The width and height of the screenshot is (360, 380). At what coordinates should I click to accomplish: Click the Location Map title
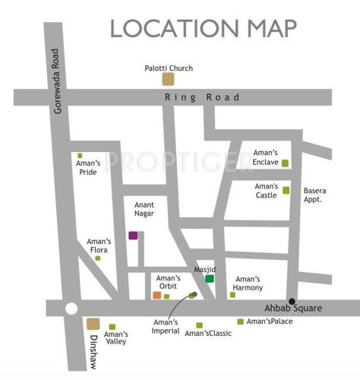(203, 28)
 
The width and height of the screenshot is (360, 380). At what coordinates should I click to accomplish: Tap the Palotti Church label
(169, 68)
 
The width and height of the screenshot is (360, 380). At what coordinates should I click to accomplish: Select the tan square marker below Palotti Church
(168, 78)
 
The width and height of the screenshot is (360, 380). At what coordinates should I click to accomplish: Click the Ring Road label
(203, 97)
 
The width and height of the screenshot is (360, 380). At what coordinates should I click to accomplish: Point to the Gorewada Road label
(56, 81)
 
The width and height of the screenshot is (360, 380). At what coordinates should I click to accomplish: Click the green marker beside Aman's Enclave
(285, 163)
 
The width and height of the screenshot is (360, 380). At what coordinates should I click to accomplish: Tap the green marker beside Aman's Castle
(286, 190)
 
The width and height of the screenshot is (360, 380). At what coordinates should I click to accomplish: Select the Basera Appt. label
(314, 195)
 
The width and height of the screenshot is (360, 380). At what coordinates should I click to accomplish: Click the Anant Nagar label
(144, 209)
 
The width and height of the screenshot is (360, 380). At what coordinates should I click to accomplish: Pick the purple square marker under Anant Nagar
(134, 235)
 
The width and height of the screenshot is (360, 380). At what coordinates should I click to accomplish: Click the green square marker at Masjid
(210, 279)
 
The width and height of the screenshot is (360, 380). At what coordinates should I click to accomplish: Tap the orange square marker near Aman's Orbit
(156, 295)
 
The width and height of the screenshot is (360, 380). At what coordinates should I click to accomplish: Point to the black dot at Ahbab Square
(292, 302)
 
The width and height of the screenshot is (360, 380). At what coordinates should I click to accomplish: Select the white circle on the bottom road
(71, 309)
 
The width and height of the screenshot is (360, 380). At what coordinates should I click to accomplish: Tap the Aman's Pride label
(88, 167)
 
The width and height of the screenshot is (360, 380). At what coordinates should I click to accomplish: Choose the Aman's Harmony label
(248, 283)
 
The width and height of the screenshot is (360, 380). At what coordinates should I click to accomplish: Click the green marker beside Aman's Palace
(241, 321)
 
